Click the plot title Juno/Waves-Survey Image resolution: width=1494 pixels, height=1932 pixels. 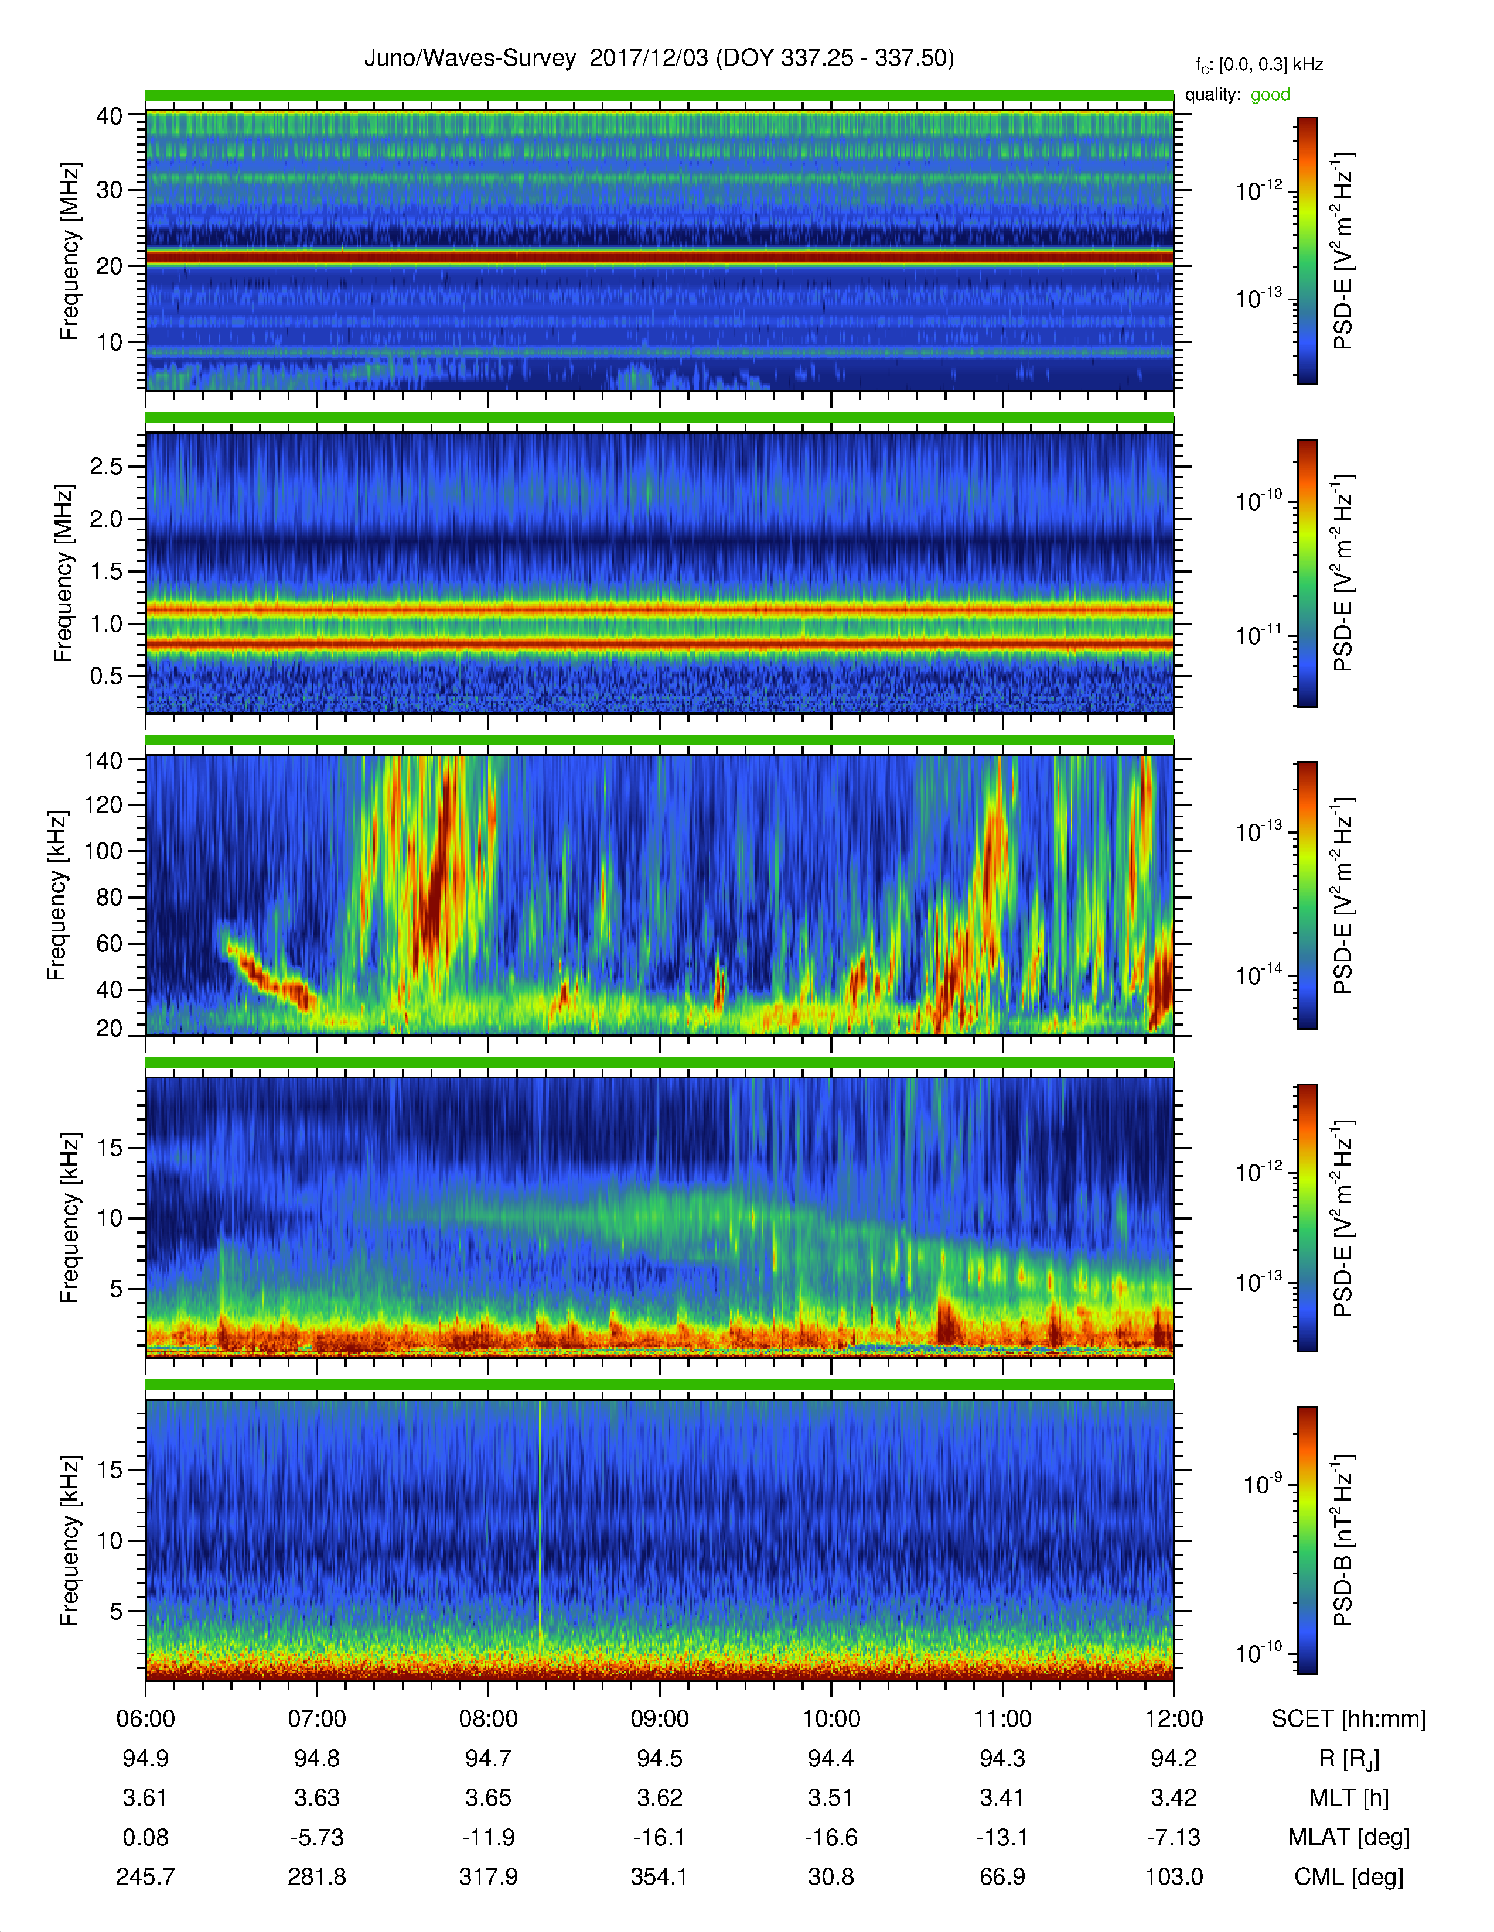470,59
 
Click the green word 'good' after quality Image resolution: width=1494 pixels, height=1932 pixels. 1270,95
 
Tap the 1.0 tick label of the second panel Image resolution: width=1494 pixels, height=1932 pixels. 106,624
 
